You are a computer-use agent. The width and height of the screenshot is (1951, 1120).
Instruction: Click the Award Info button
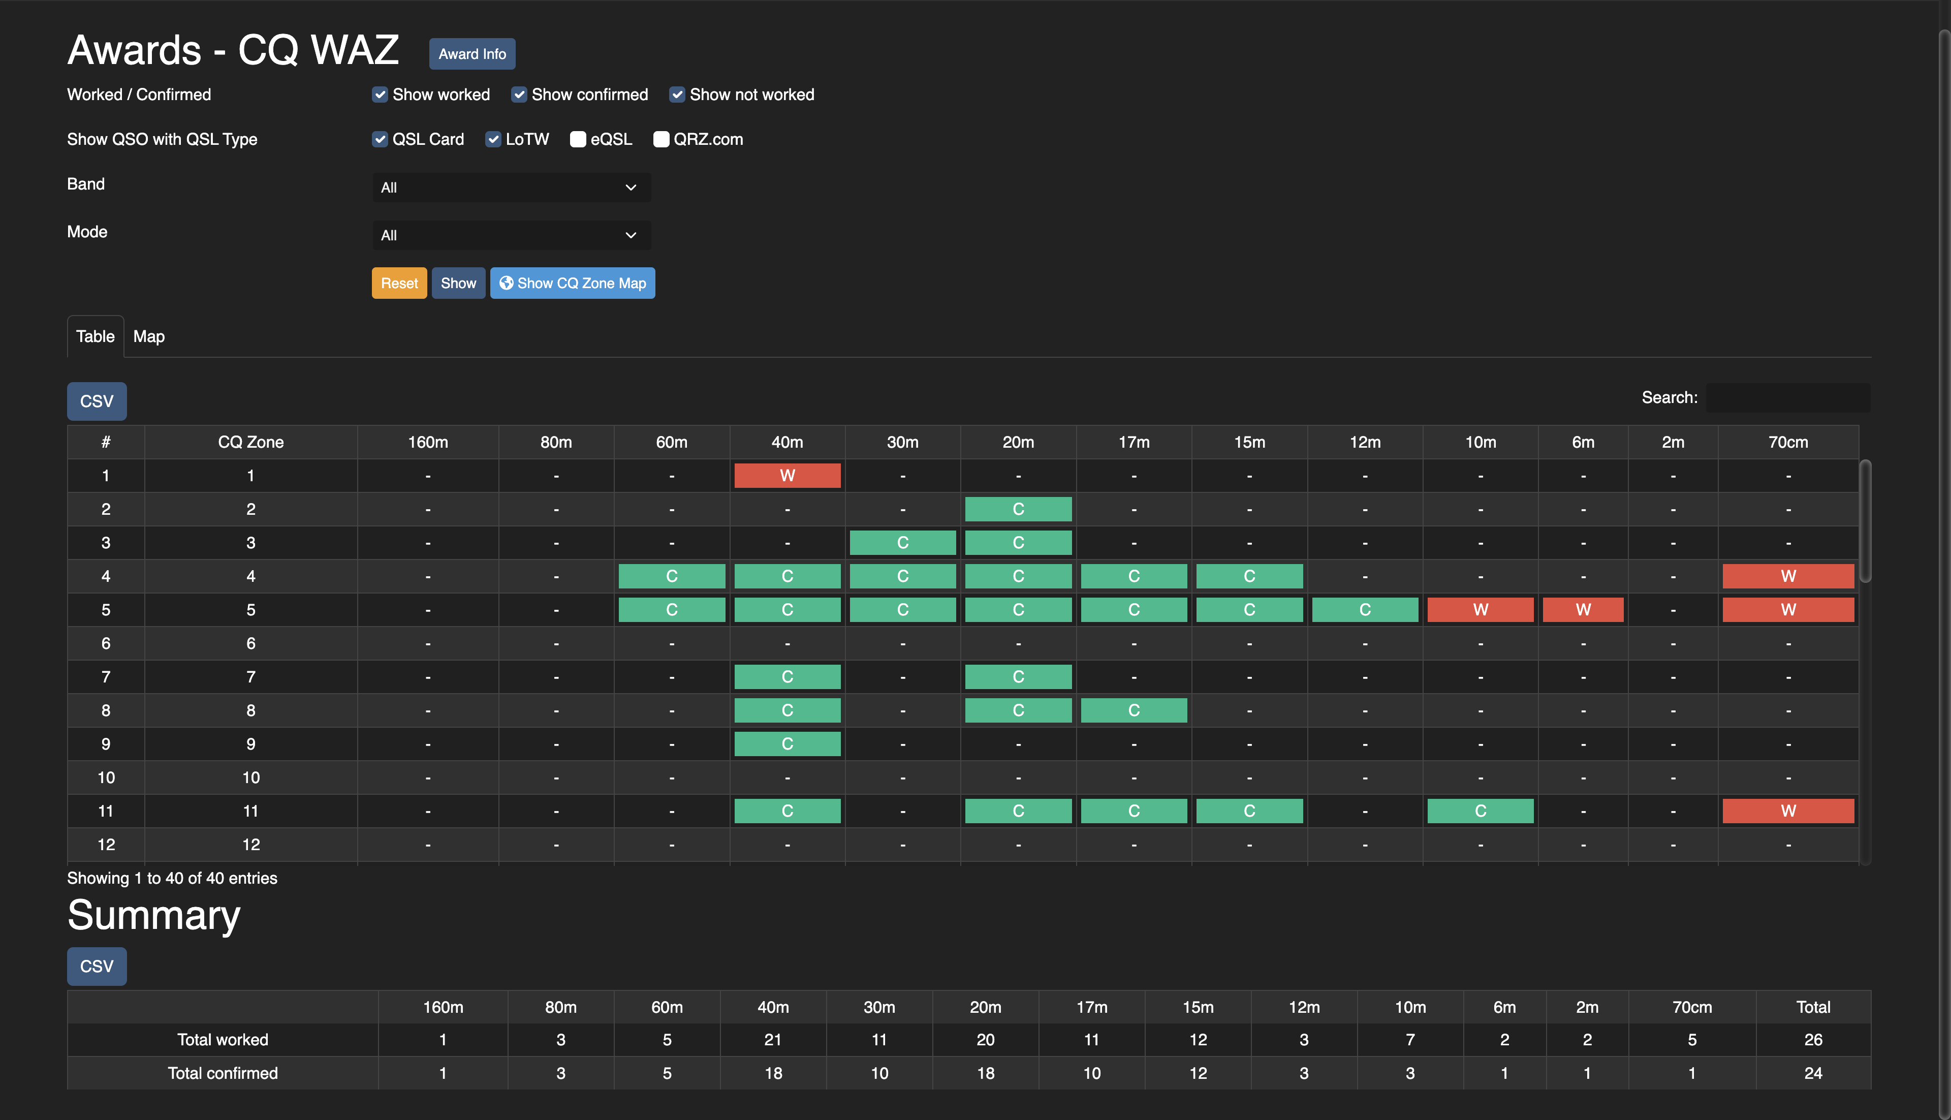point(471,54)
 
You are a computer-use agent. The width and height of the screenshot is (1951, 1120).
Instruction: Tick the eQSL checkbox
point(578,139)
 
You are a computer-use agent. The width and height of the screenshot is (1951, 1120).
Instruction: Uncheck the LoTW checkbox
point(493,139)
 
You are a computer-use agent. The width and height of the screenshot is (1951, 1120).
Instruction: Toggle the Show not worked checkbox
point(677,95)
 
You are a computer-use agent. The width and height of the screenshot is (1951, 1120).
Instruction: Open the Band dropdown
point(511,188)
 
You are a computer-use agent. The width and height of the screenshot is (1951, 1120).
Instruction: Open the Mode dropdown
point(511,235)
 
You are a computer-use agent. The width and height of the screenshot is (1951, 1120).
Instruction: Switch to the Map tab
point(148,336)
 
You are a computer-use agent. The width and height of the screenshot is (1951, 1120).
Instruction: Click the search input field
point(1787,398)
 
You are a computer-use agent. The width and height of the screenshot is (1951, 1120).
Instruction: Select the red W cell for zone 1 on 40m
point(786,475)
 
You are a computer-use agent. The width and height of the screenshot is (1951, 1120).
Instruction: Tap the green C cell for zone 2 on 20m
point(1017,509)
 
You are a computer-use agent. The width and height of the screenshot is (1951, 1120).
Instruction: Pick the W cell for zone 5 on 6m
point(1583,610)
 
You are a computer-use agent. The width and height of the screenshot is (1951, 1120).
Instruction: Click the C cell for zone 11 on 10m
point(1480,811)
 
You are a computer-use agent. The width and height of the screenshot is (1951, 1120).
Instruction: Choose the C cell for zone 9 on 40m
point(786,744)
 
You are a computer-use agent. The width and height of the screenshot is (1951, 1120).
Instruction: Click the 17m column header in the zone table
point(1134,442)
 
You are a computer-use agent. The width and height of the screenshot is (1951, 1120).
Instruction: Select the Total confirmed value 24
point(1813,1073)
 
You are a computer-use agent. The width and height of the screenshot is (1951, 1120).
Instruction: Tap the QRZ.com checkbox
point(660,139)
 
